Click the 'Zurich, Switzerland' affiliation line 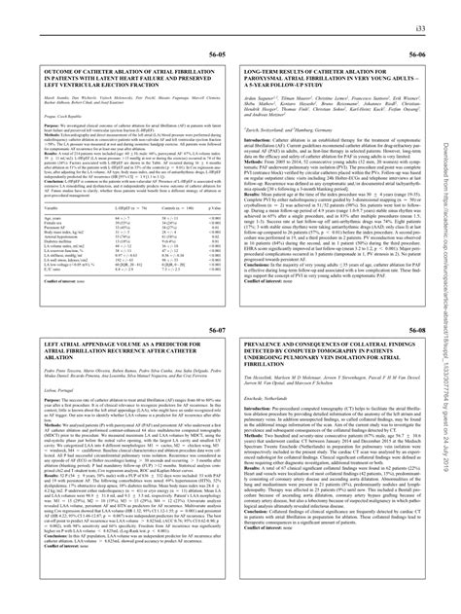click(x=260, y=128)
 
